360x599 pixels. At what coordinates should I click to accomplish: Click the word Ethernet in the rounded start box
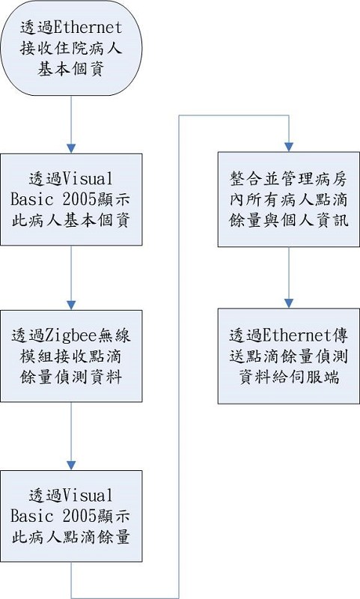88,28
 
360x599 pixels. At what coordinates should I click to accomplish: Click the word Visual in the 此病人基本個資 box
88,178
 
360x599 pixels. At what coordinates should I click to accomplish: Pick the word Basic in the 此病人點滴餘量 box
31,516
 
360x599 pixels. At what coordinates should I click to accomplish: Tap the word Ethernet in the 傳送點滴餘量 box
297,335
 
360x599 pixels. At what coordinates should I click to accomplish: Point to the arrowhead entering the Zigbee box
71,305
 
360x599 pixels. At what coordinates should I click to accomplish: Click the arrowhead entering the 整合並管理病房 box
289,147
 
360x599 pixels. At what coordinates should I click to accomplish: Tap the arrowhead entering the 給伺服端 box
289,303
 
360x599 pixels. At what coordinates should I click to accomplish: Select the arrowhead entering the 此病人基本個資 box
71,148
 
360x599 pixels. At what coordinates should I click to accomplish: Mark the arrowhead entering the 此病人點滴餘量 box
71,465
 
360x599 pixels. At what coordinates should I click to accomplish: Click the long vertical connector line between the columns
179,356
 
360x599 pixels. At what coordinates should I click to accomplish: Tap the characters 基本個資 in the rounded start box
71,70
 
